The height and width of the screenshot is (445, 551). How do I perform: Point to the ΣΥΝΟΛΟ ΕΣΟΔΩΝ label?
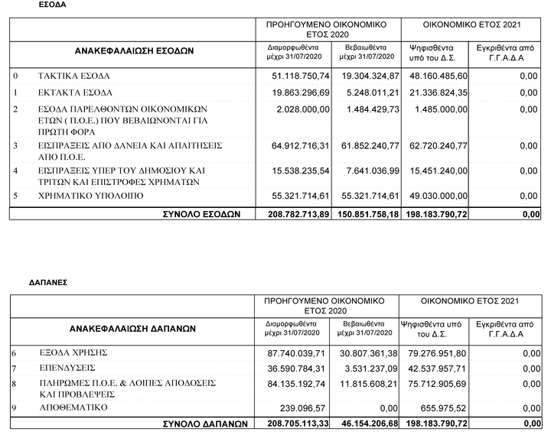point(203,213)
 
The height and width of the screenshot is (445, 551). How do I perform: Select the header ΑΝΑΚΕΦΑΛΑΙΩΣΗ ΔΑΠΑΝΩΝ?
point(133,328)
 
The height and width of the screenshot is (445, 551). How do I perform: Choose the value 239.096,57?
point(307,408)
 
